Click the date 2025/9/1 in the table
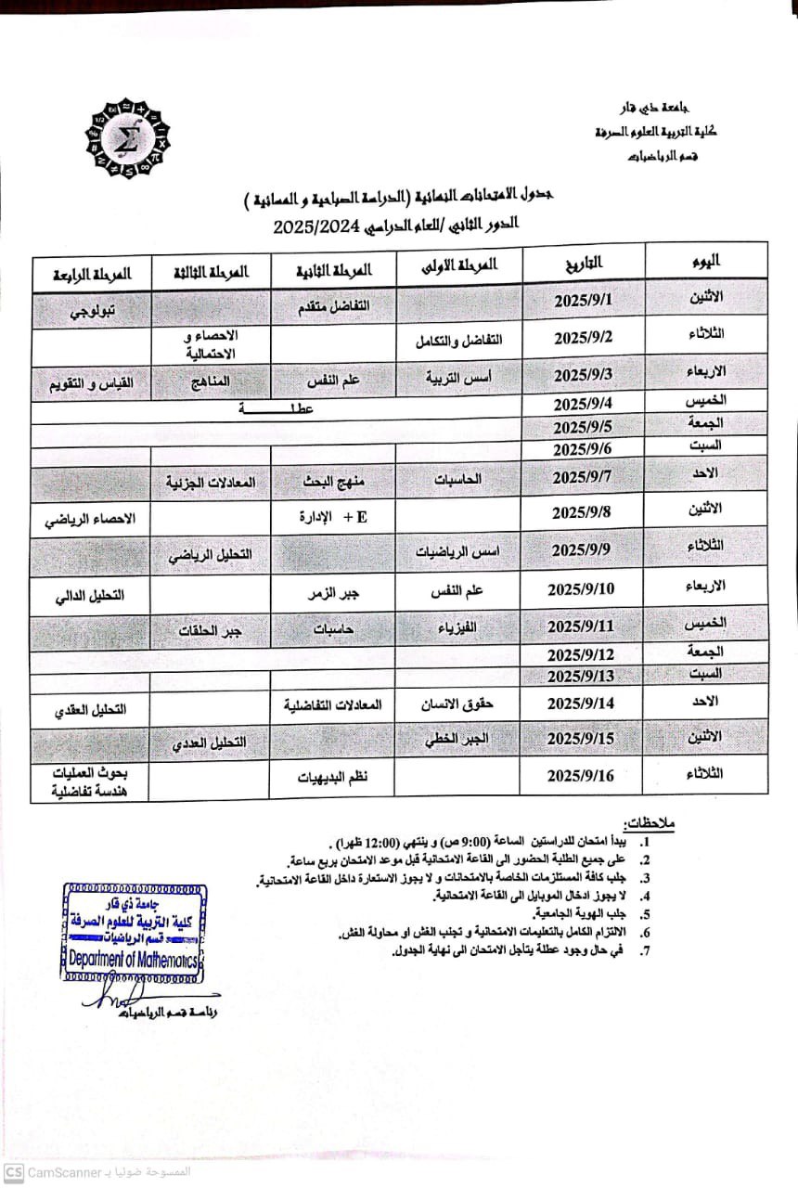pos(584,302)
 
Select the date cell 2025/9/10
pos(581,589)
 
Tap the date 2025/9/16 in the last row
pos(581,776)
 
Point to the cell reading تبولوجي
pos(92,312)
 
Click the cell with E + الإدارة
pos(333,516)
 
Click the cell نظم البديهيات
pos(333,777)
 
